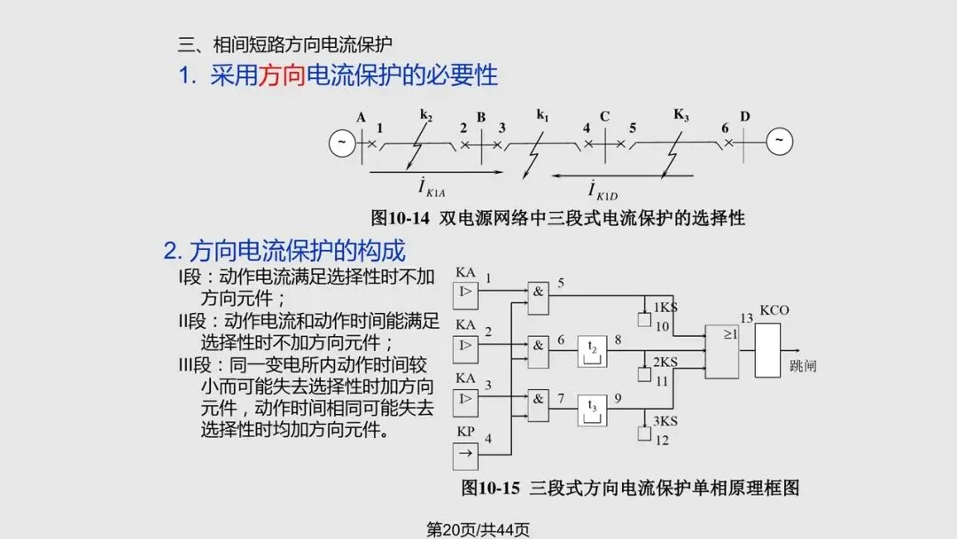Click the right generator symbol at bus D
click(780, 142)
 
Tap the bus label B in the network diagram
click(481, 118)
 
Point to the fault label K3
click(681, 114)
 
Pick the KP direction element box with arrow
click(466, 456)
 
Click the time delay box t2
click(593, 349)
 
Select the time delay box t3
click(593, 409)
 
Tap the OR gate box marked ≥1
click(721, 351)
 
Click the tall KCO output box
click(767, 351)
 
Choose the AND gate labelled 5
click(538, 293)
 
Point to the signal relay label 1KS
click(665, 308)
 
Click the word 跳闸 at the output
click(803, 365)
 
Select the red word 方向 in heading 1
click(281, 75)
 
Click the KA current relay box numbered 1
click(466, 294)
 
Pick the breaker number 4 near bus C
click(587, 129)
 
